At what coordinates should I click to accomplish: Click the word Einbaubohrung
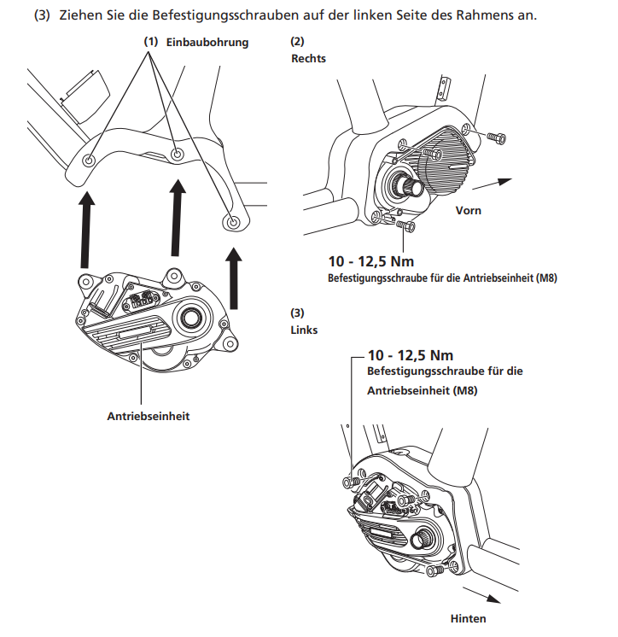pos(207,43)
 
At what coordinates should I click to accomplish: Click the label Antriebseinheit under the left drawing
pos(149,417)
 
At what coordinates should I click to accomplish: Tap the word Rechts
pos(309,59)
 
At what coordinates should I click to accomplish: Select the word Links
pos(304,330)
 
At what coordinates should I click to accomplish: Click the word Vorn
pos(468,210)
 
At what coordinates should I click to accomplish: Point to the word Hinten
pos(468,619)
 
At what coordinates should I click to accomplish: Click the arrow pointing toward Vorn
pos(493,184)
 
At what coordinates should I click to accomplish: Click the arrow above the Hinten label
pos(481,594)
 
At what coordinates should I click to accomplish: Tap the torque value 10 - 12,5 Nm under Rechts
pos(371,261)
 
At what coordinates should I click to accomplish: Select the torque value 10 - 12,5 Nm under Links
pos(411,355)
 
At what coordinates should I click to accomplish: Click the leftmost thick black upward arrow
pos(85,230)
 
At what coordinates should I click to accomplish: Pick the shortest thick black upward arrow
pos(234,278)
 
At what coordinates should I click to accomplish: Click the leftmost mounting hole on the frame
pos(89,160)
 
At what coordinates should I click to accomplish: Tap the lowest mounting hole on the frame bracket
pos(234,222)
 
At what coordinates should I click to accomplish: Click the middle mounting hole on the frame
pos(177,154)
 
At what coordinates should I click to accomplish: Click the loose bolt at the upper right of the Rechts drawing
pos(497,137)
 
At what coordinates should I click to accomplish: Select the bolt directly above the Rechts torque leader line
pos(405,225)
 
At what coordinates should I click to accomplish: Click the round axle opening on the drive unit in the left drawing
pos(191,317)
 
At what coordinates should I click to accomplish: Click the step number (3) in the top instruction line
pos(42,16)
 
